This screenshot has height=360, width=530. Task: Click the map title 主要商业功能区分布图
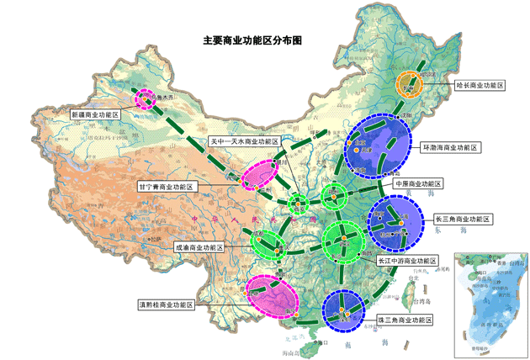252,40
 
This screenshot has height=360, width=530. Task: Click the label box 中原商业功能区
418,183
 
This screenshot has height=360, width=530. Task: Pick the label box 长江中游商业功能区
407,261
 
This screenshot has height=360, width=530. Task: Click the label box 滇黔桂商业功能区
166,304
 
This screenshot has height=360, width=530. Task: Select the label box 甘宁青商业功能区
166,186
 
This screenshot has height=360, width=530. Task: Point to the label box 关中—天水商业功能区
243,141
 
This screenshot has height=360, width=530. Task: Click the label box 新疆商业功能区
95,114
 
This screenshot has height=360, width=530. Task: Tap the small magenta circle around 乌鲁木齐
144,98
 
